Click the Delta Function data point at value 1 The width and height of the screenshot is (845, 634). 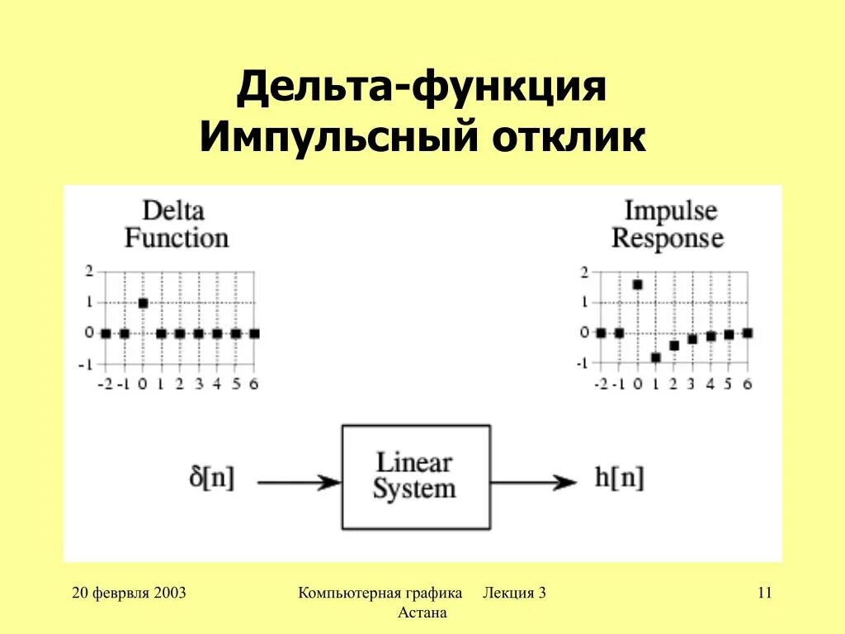click(143, 303)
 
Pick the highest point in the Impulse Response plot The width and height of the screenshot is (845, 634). click(637, 285)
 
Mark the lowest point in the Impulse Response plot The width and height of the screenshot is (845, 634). click(656, 357)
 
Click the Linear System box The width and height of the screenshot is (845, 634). click(415, 476)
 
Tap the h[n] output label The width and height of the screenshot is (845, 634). click(618, 479)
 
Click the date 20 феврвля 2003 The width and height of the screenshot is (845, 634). click(129, 593)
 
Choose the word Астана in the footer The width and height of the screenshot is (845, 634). click(422, 613)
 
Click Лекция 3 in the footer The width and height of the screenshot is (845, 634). click(515, 593)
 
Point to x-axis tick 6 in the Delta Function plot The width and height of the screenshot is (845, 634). click(254, 384)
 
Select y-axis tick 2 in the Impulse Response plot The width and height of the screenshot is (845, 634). click(585, 272)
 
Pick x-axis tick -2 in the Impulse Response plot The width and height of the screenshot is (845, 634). click(600, 384)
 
